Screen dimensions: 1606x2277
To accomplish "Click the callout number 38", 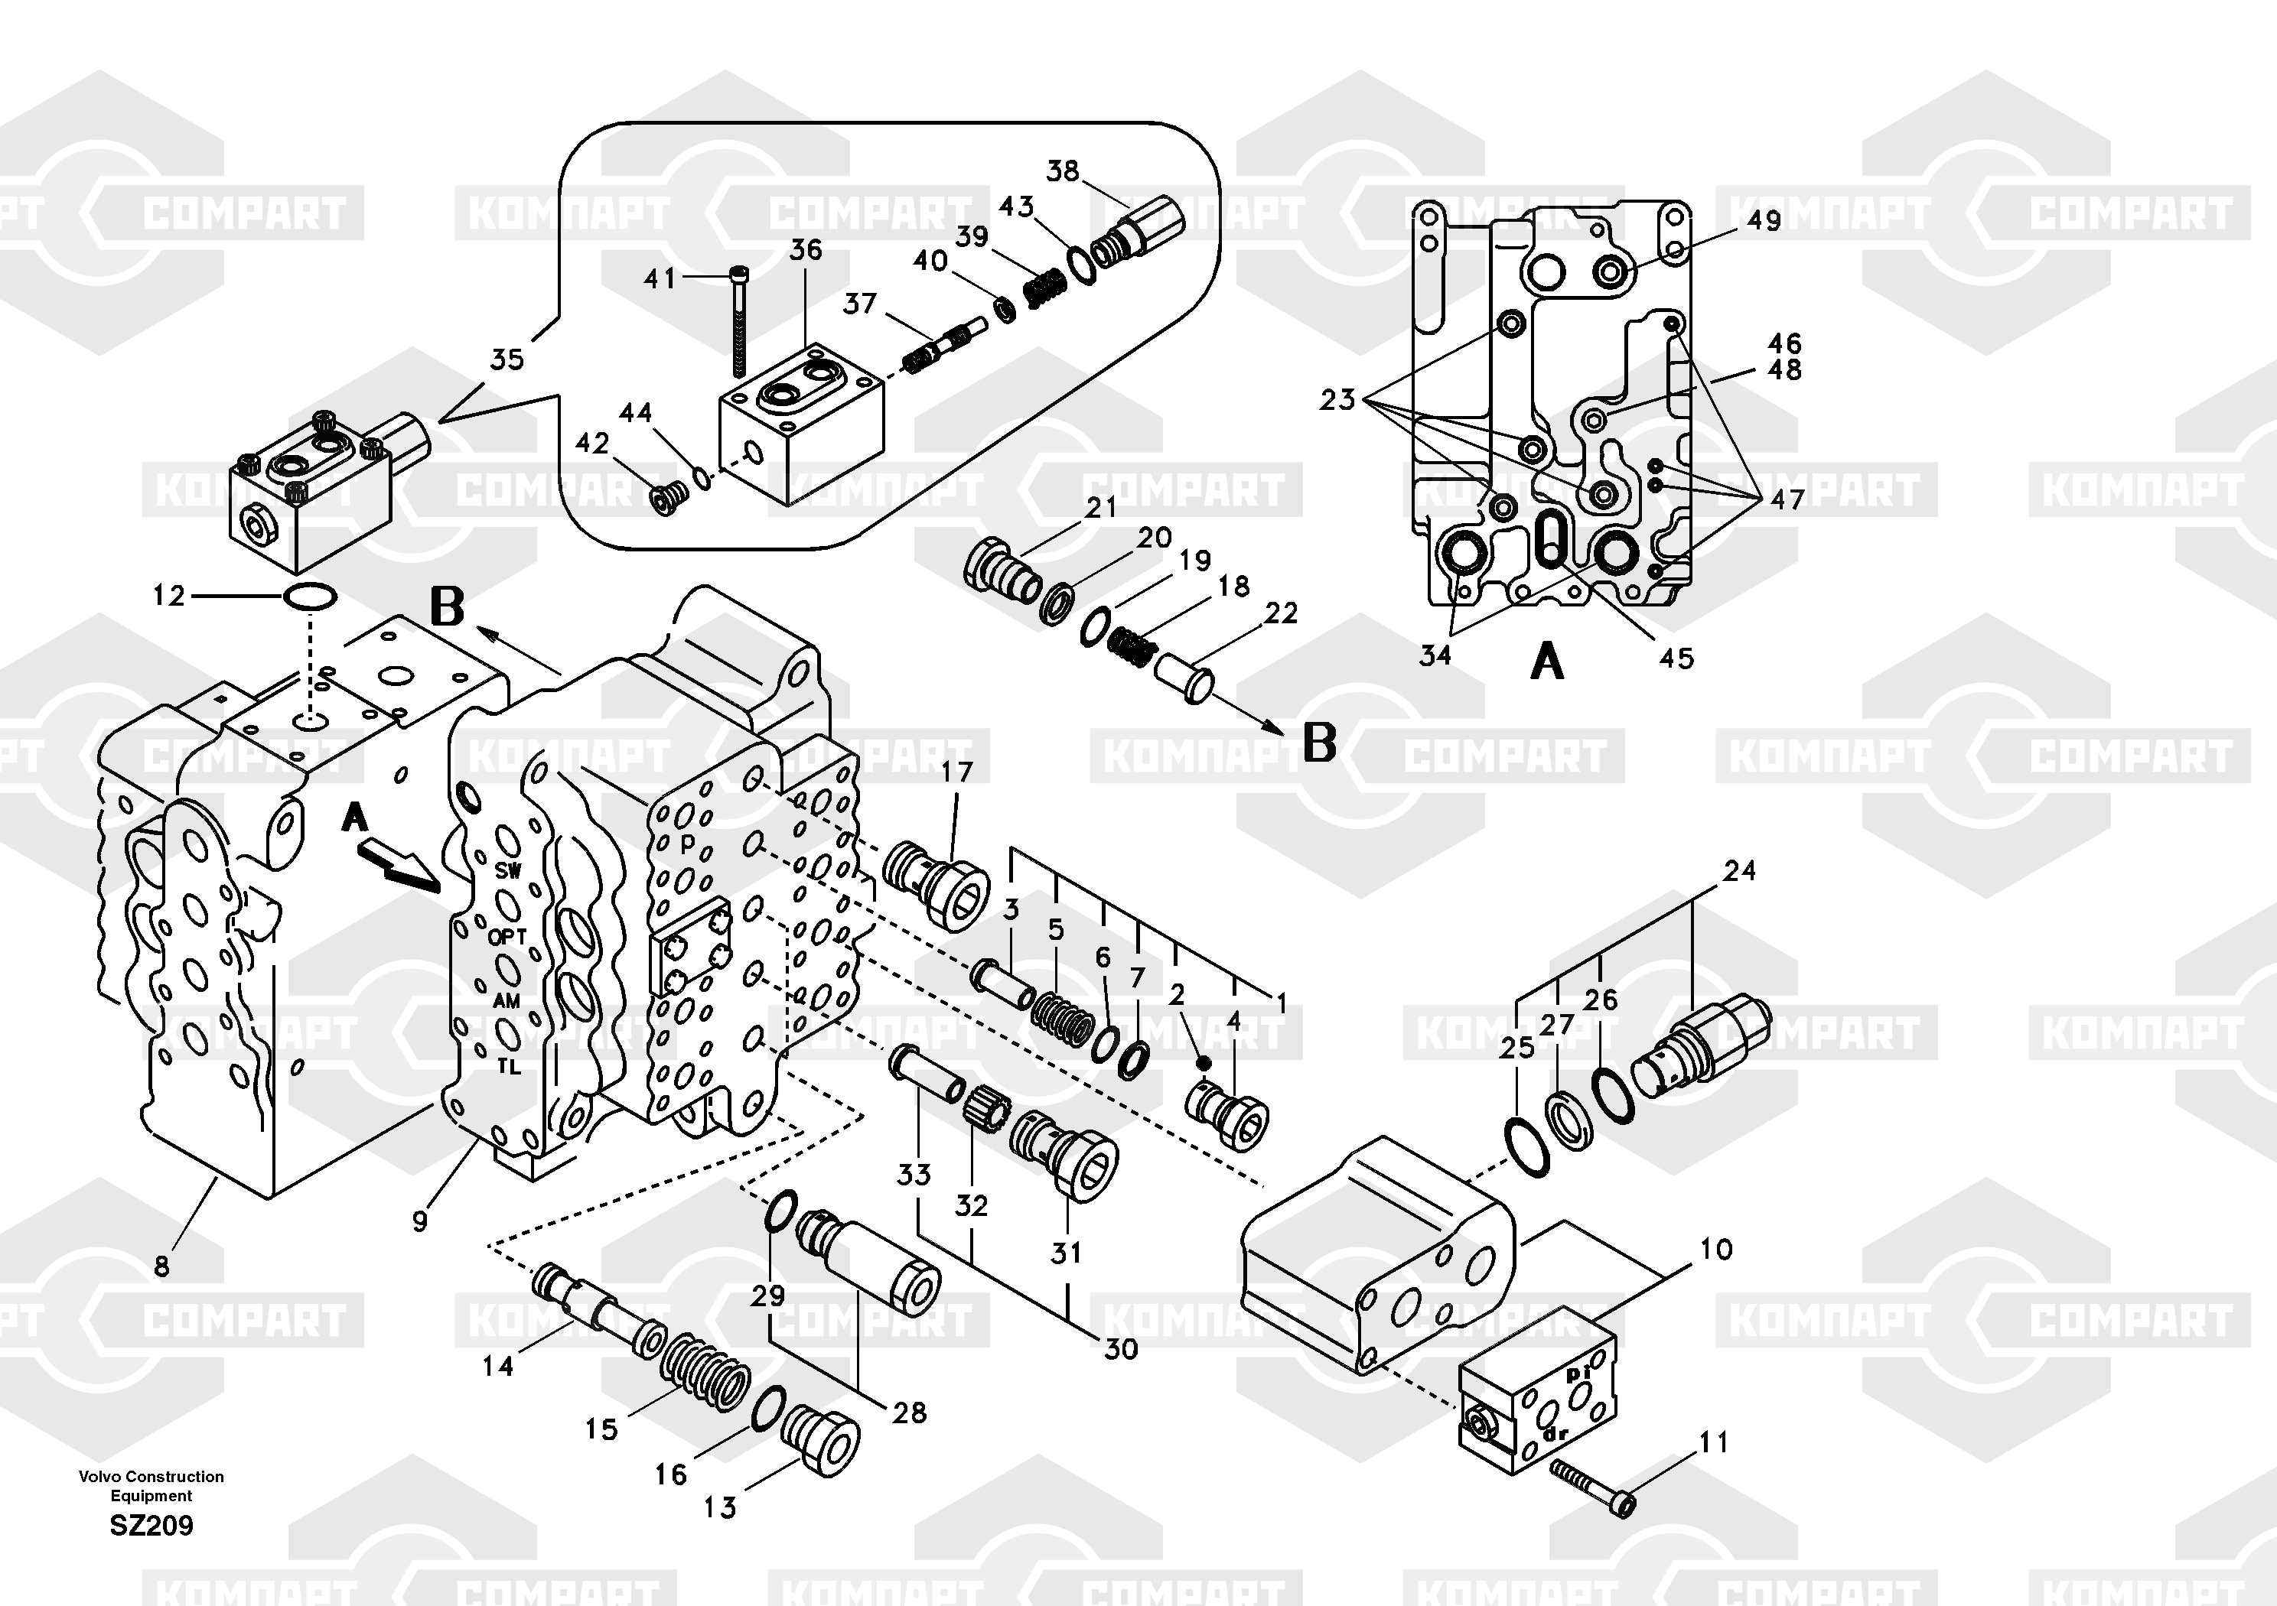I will [x=1062, y=171].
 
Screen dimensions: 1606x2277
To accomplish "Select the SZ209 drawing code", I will [x=151, y=1525].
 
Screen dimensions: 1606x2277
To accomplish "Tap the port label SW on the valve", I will [x=508, y=871].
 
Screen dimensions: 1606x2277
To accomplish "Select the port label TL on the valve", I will [x=508, y=1067].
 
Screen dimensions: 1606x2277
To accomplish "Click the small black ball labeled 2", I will [x=1203, y=1063].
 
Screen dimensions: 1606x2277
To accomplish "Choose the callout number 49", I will [x=1764, y=220].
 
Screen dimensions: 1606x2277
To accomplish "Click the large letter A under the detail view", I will [x=1547, y=662].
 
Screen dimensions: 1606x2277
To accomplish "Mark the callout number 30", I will [x=1121, y=1348].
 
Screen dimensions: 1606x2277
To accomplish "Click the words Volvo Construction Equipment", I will [x=151, y=1485].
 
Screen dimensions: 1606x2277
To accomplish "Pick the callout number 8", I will [x=161, y=1265].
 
